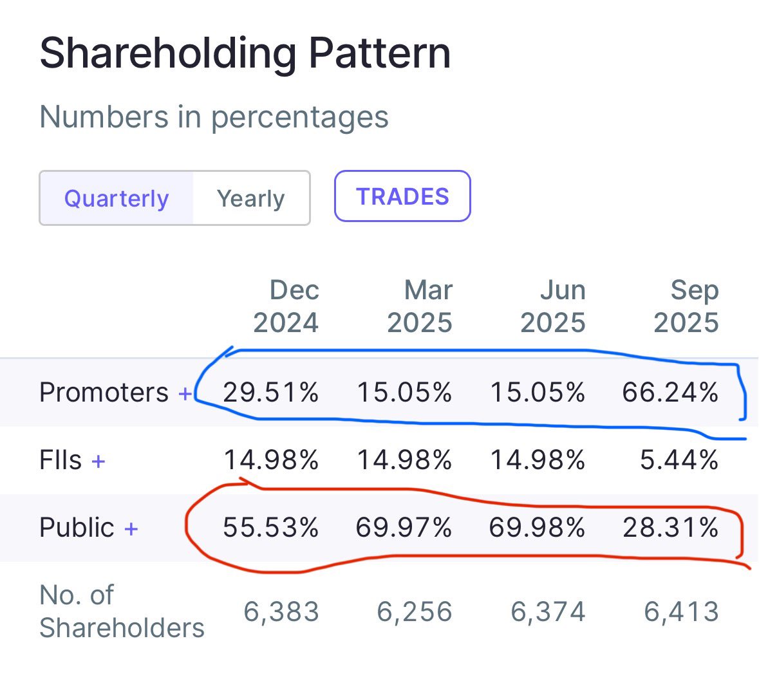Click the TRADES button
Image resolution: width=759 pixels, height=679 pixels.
pos(402,196)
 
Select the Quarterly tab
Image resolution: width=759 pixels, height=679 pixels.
pos(117,198)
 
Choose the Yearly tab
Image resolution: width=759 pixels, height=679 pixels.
pos(250,198)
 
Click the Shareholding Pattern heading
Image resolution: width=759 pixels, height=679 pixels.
pos(245,53)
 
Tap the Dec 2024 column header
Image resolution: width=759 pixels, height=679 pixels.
pos(286,306)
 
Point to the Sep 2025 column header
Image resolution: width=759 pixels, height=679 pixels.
pos(686,306)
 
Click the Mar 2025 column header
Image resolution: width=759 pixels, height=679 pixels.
pos(420,306)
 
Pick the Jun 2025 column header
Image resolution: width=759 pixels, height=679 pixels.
pos(553,306)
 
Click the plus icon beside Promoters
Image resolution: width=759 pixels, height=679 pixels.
pos(185,393)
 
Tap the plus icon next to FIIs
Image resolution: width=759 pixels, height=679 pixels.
pos(98,461)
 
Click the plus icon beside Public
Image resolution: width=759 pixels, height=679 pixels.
pos(131,529)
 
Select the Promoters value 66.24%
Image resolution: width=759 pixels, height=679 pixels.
pos(670,392)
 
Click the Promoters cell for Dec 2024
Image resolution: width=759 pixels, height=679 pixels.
pos(271,392)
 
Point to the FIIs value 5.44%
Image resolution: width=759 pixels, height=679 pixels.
pos(679,460)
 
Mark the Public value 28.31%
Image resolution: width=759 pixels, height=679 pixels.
pos(670,528)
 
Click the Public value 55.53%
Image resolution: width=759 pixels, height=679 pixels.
pos(271,528)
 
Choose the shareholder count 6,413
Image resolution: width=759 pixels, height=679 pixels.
pos(681,611)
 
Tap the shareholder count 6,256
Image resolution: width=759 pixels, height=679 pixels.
pos(415,611)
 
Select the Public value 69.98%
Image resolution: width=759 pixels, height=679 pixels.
pos(537,528)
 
